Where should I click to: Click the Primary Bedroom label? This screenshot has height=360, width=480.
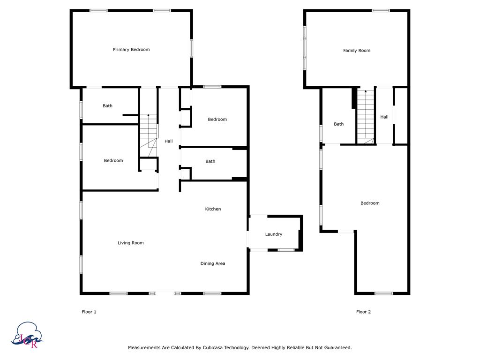point(131,50)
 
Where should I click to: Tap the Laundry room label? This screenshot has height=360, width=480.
point(274,234)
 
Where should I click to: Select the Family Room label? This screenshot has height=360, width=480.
point(357,51)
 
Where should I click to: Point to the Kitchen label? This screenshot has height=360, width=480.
point(213,209)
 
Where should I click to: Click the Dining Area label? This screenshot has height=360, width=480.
point(213,263)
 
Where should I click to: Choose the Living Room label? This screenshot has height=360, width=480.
point(131,243)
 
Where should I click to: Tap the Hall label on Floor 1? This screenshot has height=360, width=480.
point(169,141)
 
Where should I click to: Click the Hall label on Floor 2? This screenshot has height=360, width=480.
point(384,117)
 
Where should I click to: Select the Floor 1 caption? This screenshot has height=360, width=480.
point(89,312)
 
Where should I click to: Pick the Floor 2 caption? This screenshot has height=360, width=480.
point(363,312)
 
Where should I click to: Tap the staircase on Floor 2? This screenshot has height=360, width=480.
point(366,116)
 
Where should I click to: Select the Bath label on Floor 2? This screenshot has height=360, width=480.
point(339,124)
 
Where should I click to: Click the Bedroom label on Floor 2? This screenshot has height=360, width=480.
point(370,203)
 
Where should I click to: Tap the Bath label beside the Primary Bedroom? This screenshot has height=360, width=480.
point(108,106)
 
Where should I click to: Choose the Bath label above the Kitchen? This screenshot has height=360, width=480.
point(210,162)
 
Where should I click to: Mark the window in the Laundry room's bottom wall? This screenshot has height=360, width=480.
point(286,250)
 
